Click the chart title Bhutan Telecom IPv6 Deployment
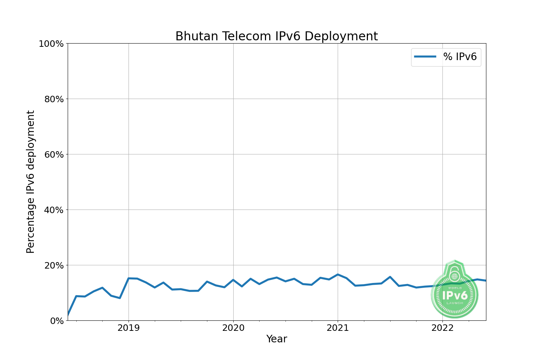[x=276, y=36]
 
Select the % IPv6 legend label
[x=460, y=57]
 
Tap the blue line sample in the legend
[x=425, y=57]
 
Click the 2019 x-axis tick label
[x=129, y=328]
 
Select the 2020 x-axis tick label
[x=233, y=328]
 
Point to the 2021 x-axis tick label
[x=338, y=328]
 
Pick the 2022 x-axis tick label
[x=442, y=328]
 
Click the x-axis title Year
[x=276, y=339]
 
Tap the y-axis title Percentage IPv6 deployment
[x=31, y=182]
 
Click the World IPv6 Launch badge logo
[x=455, y=290]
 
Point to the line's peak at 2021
[x=338, y=275]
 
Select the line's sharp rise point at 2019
[x=129, y=278]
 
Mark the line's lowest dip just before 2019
[x=120, y=298]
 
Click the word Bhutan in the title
[x=197, y=36]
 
